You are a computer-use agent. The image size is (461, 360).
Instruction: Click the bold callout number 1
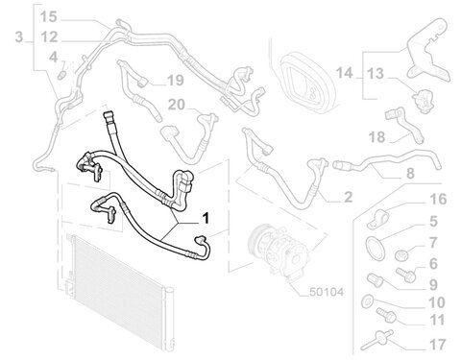206,218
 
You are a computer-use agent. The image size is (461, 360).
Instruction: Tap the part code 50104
327,292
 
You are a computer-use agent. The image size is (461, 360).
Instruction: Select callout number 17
437,345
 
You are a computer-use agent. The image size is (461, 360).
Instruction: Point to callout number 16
438,199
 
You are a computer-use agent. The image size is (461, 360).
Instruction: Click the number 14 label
344,73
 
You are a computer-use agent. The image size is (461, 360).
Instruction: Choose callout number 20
177,105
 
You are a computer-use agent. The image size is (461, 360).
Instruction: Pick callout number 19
176,80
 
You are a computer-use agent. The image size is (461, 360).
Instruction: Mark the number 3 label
19,36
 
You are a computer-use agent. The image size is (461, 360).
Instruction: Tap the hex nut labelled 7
400,255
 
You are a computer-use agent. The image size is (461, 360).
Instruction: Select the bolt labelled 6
405,275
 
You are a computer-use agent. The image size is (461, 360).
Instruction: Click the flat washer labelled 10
367,301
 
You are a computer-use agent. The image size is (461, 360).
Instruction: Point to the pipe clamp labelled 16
377,219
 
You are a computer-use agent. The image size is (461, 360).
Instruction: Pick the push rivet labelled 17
377,341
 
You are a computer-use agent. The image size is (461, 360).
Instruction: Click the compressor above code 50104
278,250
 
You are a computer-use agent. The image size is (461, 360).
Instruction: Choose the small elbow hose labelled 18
404,125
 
